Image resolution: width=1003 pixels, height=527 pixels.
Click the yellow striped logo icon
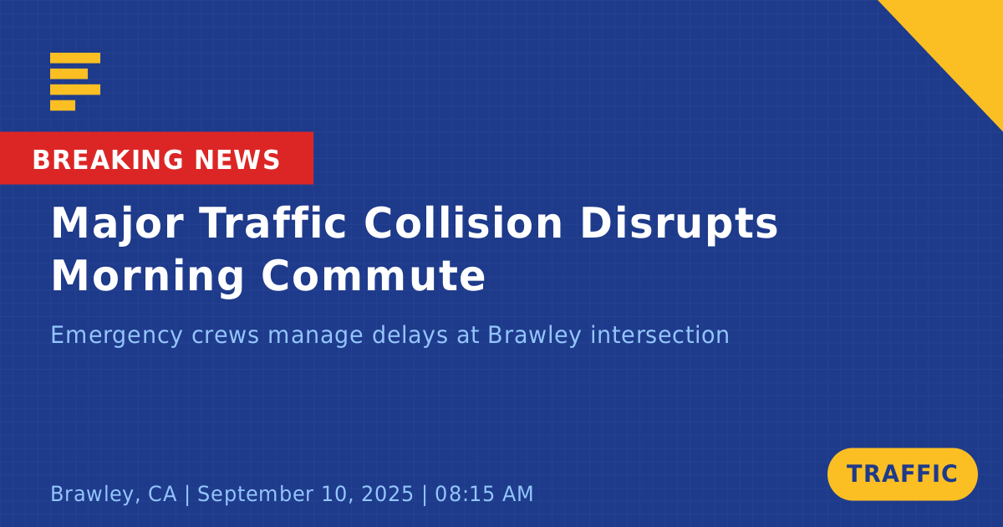(75, 82)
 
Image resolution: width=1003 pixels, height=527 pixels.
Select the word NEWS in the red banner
(237, 160)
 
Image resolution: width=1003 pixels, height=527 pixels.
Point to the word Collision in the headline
(463, 223)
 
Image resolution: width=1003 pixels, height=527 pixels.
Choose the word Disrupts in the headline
(679, 224)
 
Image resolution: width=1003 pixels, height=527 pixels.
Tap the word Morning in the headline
(148, 277)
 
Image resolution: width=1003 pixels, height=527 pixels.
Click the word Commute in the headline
(374, 276)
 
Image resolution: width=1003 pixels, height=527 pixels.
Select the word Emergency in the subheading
(116, 335)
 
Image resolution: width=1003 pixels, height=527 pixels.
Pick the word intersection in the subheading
(659, 335)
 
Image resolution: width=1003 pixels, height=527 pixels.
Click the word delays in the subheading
(410, 335)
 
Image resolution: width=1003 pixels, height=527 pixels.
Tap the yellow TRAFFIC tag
(902, 474)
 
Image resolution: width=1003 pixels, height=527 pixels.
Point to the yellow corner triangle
(963, 40)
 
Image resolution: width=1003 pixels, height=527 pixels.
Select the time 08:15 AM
(484, 494)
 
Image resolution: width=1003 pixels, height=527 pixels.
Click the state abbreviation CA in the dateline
(162, 494)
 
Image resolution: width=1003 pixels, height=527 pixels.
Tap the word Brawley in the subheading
(534, 335)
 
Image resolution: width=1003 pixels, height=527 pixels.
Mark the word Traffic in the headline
(273, 223)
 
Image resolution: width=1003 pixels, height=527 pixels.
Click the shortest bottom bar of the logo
(63, 105)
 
